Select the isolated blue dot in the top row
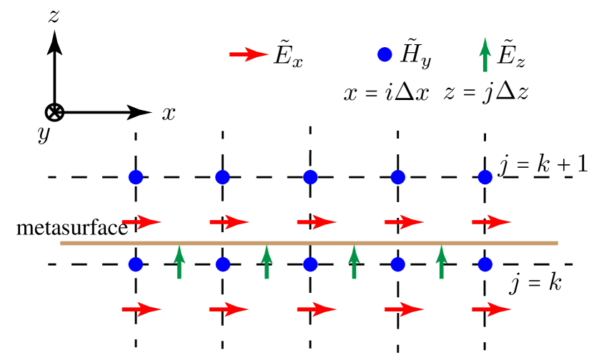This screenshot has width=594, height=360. (385, 54)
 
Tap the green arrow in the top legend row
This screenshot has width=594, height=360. (485, 55)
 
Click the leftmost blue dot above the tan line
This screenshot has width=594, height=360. (136, 177)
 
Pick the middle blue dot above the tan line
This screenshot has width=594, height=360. (310, 177)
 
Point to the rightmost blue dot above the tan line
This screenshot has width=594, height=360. (485, 177)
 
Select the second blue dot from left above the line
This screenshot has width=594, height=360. (222, 177)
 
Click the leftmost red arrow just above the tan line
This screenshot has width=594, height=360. (142, 222)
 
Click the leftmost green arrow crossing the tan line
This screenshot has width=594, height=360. (179, 262)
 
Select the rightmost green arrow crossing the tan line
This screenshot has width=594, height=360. (441, 262)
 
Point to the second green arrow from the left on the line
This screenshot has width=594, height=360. (267, 262)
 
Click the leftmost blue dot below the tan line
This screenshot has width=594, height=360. (136, 264)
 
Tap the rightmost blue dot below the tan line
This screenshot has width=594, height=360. (485, 264)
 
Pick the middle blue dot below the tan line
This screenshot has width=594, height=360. (310, 264)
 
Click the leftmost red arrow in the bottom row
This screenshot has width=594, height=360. (142, 309)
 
